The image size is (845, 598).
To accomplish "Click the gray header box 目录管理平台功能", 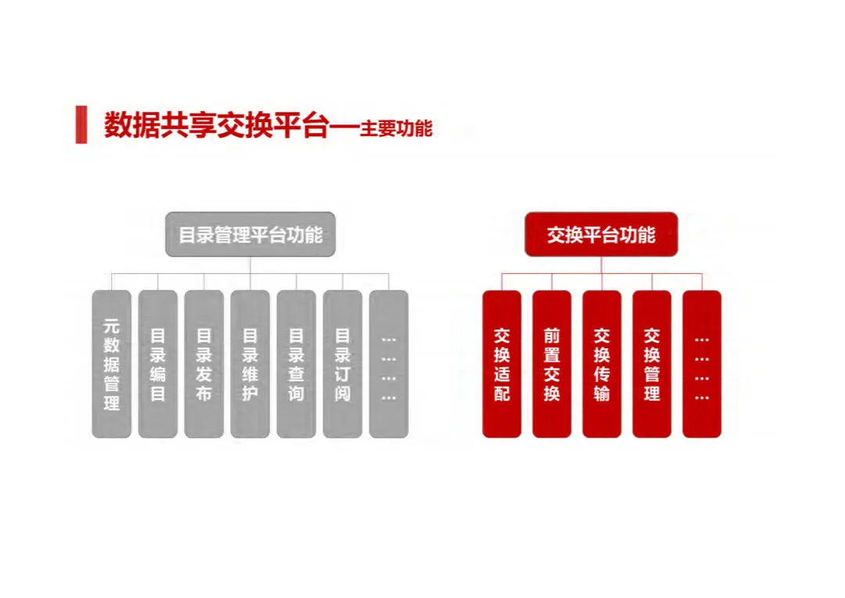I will pyautogui.click(x=250, y=234).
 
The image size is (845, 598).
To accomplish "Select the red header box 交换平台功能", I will pyautogui.click(x=601, y=234).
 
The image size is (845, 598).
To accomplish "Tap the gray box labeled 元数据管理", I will pyautogui.click(x=112, y=364).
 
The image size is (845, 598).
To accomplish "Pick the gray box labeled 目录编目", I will pyautogui.click(x=158, y=364).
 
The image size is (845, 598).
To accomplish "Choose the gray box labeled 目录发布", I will pyautogui.click(x=204, y=364).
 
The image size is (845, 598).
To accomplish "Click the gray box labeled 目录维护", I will pyautogui.click(x=250, y=364).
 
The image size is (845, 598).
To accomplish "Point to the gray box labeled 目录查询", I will pyautogui.click(x=297, y=364).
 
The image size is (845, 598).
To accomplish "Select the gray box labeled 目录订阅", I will pyautogui.click(x=343, y=364).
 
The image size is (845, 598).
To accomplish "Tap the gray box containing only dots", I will pyautogui.click(x=389, y=364).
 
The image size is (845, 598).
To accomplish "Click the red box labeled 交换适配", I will pyautogui.click(x=502, y=364).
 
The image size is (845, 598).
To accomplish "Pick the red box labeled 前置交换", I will pyautogui.click(x=552, y=364).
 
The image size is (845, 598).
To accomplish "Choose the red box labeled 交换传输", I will pyautogui.click(x=602, y=364).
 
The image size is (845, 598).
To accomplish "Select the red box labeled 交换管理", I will pyautogui.click(x=652, y=364).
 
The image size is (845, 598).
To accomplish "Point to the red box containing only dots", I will pyautogui.click(x=702, y=364).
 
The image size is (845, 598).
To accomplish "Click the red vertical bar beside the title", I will pyautogui.click(x=81, y=124).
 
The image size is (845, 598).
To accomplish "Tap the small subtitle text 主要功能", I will pyautogui.click(x=396, y=128).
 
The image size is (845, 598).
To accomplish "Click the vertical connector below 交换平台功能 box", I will pyautogui.click(x=601, y=265).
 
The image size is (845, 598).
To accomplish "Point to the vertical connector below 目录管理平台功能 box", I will pyautogui.click(x=250, y=265).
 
